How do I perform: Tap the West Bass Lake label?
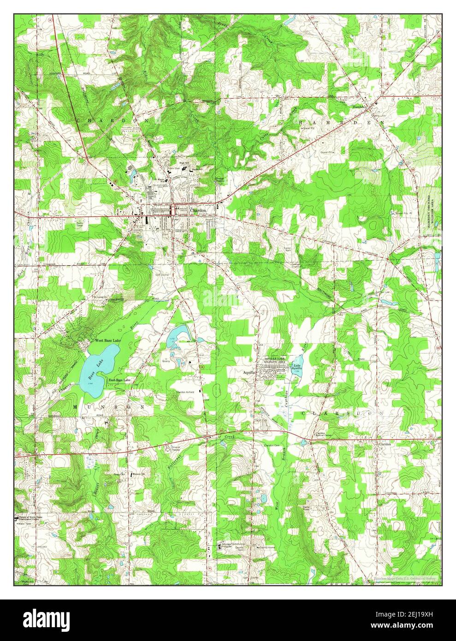click(x=105, y=341)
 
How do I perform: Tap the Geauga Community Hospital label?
click(x=235, y=546)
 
